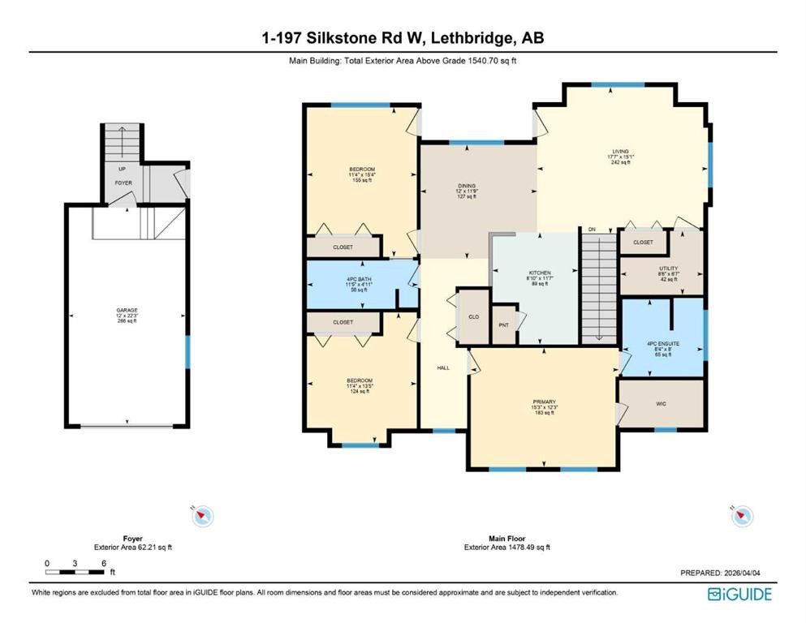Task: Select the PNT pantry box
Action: [503, 324]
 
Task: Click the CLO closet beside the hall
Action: [473, 316]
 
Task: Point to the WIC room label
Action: [661, 402]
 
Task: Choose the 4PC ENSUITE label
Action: [662, 344]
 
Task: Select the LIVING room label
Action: [621, 151]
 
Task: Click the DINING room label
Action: [467, 186]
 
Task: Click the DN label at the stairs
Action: [593, 230]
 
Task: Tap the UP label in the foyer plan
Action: [122, 170]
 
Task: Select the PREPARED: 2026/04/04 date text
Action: [720, 573]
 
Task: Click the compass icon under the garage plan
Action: [203, 515]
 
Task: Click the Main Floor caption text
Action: [507, 539]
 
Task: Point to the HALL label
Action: [443, 367]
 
